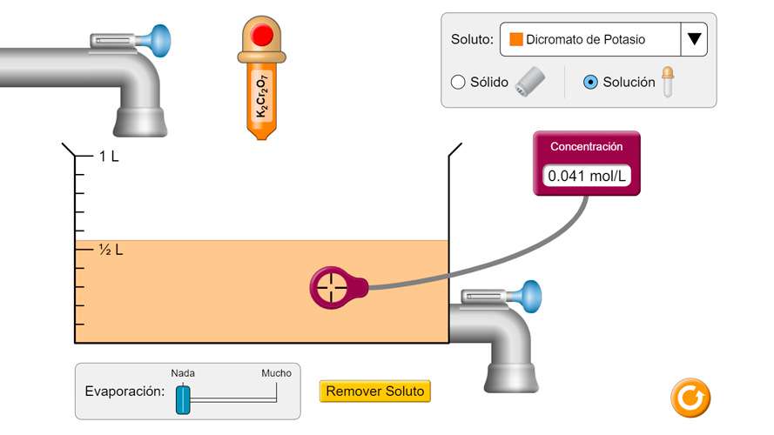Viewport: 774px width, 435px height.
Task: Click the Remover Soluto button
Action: pos(374,391)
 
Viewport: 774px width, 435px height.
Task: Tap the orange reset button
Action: pos(690,398)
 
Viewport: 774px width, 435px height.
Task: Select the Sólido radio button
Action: pos(458,83)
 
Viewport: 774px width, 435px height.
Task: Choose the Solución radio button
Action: pos(590,83)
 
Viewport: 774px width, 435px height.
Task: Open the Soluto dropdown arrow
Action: pos(694,39)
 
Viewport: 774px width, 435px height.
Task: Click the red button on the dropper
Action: pos(262,36)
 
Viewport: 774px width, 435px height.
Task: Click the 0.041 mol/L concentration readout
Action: pos(587,176)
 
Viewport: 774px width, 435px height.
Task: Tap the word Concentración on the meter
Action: pos(587,147)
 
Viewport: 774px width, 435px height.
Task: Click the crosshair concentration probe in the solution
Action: pos(330,286)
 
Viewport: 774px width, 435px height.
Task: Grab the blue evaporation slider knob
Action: pos(183,399)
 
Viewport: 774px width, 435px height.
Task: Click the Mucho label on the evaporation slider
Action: pos(277,373)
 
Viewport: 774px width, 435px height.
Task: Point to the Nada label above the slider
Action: pos(183,373)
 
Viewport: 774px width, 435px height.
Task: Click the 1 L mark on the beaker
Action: pos(109,157)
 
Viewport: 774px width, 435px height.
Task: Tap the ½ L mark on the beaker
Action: pos(111,250)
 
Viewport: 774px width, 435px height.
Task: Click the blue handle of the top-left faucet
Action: pos(159,39)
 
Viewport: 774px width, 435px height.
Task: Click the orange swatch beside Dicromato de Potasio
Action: pos(515,39)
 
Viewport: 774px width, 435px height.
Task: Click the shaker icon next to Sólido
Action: pos(529,82)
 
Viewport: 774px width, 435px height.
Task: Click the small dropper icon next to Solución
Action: pos(668,82)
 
